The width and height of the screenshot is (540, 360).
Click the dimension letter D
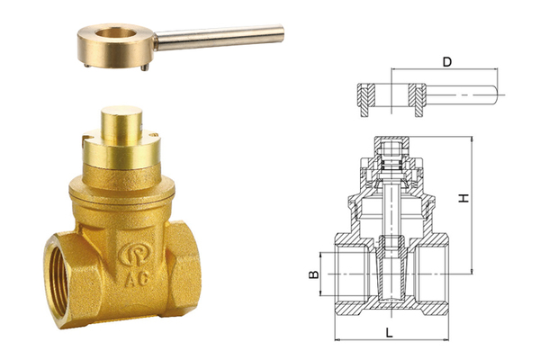pos(446,62)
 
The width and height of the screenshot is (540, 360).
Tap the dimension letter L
pos(389,332)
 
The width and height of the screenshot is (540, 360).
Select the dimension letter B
pos(313,274)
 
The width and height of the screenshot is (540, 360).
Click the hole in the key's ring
pos(116,33)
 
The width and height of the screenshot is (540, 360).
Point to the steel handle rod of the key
pos(220,38)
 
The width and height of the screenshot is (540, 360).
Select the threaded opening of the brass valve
pos(62,282)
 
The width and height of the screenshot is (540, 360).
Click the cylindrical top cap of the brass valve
pos(121,125)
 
